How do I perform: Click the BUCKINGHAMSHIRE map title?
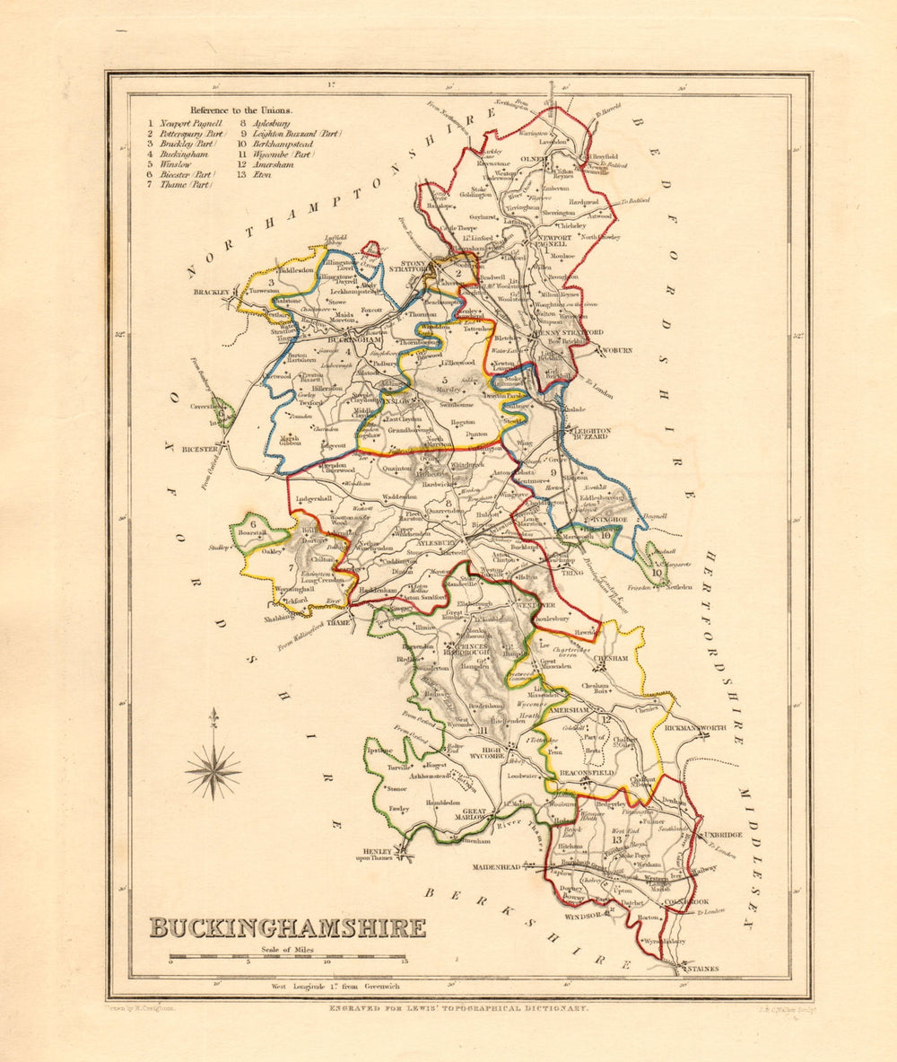(287, 927)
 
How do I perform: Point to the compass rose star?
(213, 769)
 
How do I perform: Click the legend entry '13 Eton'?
(253, 174)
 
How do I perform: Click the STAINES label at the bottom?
(701, 969)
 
